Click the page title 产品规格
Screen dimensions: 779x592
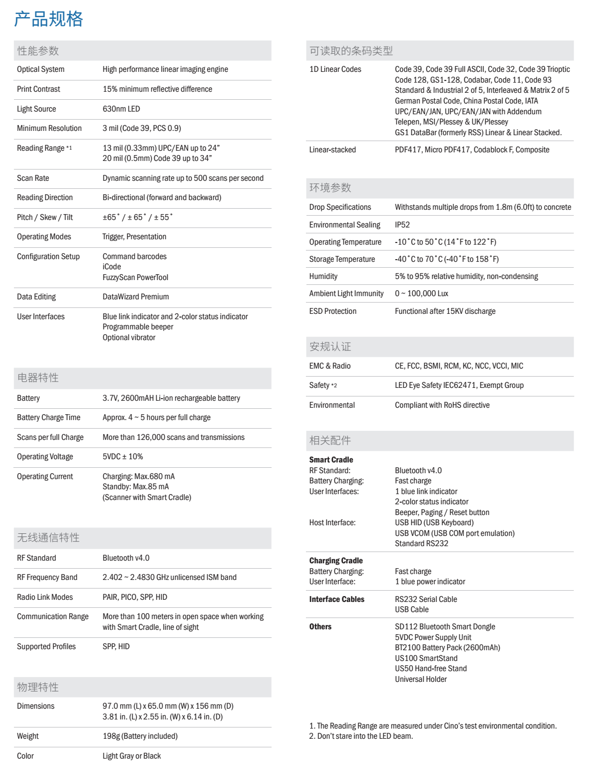point(48,19)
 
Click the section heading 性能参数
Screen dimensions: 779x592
point(38,51)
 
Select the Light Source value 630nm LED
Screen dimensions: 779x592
point(121,109)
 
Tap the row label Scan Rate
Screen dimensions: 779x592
point(33,178)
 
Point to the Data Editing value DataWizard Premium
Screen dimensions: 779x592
point(136,297)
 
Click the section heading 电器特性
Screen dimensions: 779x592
point(38,378)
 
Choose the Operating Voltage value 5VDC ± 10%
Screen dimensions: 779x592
point(123,457)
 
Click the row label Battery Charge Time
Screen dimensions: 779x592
point(48,417)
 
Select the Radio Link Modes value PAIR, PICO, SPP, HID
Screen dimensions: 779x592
point(135,597)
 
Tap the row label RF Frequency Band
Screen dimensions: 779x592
point(47,577)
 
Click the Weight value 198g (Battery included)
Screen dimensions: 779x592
point(140,736)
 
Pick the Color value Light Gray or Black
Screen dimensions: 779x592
point(131,756)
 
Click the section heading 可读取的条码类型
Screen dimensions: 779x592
point(351,51)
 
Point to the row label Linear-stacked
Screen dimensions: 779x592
point(332,150)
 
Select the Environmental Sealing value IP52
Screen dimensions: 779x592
point(403,225)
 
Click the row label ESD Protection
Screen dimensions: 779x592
point(333,311)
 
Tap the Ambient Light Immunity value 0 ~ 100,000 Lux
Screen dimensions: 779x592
point(421,293)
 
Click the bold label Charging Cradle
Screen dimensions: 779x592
point(336,561)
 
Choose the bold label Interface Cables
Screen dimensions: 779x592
point(337,599)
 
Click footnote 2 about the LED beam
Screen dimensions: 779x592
point(361,736)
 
